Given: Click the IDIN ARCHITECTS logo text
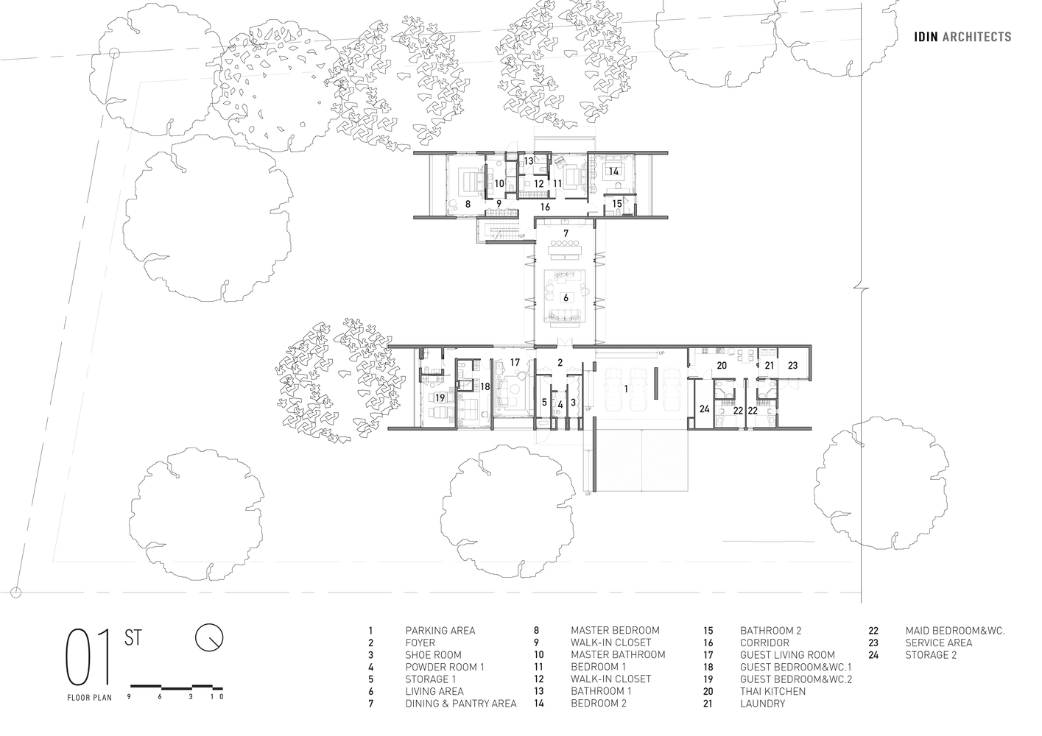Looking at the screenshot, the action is [962, 37].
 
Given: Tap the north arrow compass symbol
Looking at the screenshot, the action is [209, 637].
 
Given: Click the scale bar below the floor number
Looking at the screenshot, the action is [176, 687].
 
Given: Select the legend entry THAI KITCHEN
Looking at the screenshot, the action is [772, 691].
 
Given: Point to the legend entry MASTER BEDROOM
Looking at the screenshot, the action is [615, 631].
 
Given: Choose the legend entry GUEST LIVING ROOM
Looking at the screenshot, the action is [787, 655].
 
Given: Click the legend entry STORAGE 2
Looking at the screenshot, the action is [931, 655].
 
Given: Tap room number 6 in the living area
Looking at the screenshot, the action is [566, 298].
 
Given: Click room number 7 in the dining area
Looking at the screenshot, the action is [566, 233].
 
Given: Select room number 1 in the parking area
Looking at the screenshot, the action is [626, 389].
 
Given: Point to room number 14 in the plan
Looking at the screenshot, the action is [613, 171].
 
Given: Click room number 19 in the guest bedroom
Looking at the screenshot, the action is [440, 398].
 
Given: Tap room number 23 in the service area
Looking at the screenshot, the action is [792, 366].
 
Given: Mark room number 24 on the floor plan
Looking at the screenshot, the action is [704, 409].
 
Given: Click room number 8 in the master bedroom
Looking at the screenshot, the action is [468, 204].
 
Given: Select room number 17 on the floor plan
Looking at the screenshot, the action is [515, 362].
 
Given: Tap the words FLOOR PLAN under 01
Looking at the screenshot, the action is [89, 698].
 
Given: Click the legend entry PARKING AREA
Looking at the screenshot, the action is [440, 631].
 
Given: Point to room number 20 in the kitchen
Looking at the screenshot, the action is [722, 366].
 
